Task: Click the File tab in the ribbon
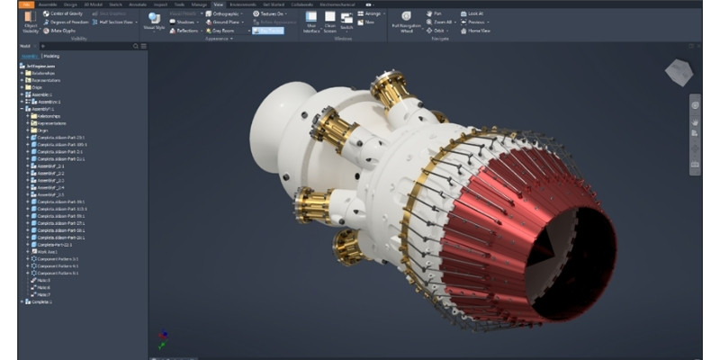(x=26, y=4)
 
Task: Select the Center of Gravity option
(x=64, y=13)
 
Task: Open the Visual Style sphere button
(x=155, y=22)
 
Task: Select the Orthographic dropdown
(x=226, y=13)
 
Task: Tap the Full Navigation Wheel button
(x=407, y=22)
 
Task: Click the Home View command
(x=476, y=31)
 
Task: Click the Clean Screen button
(x=328, y=22)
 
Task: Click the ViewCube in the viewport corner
(x=679, y=73)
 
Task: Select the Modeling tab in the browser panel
(x=52, y=55)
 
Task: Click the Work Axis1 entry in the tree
(x=46, y=251)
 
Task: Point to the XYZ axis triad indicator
(x=163, y=336)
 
